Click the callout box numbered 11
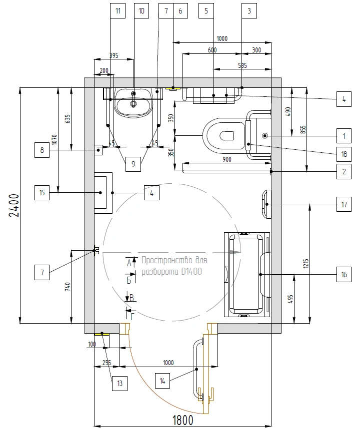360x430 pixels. click(x=118, y=10)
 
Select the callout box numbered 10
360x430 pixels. click(x=141, y=10)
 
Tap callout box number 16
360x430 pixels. click(x=344, y=275)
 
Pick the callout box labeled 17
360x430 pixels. click(x=344, y=204)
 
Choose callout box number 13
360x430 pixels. click(x=119, y=383)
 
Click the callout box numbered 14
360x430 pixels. click(x=162, y=381)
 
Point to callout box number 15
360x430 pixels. click(x=42, y=192)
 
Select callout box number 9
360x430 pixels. click(x=133, y=164)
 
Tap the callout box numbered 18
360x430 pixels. click(x=344, y=154)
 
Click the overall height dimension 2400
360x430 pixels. click(x=14, y=205)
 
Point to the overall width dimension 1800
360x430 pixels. click(x=183, y=420)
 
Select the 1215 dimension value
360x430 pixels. click(x=306, y=263)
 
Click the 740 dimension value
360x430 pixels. click(x=67, y=287)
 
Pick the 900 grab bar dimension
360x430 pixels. click(x=227, y=159)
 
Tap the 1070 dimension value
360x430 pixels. click(x=54, y=139)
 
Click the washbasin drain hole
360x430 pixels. click(x=133, y=104)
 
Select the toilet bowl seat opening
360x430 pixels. click(x=227, y=136)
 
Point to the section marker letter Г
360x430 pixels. click(x=132, y=317)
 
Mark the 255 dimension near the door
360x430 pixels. click(x=106, y=363)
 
